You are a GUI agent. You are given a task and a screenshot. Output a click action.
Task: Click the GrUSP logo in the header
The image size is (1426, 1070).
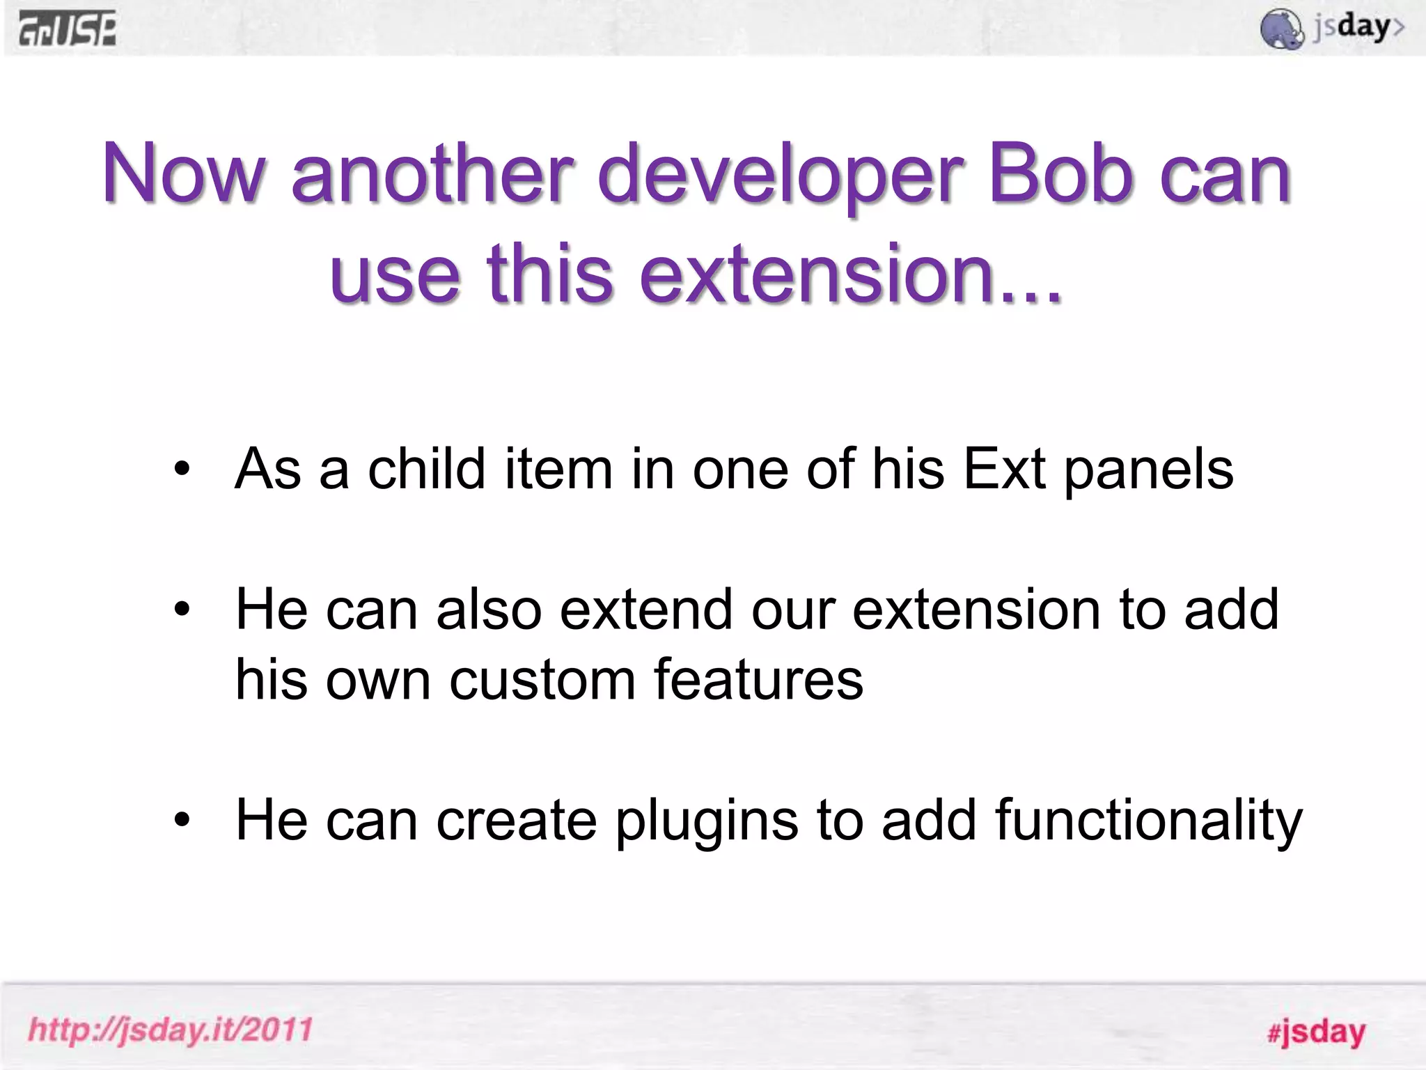tap(68, 30)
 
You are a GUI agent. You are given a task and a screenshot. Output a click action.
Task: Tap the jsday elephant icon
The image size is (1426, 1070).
tap(1282, 29)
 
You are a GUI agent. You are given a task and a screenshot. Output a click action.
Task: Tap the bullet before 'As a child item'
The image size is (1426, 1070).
tap(182, 469)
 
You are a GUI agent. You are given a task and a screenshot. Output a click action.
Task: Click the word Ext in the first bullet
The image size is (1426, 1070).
tap(1004, 469)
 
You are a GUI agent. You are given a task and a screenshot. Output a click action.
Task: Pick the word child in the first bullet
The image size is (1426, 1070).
tap(426, 469)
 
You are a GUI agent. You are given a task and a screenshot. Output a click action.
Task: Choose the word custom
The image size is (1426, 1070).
tap(542, 680)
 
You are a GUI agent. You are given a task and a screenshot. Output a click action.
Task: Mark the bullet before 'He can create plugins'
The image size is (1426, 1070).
tap(182, 820)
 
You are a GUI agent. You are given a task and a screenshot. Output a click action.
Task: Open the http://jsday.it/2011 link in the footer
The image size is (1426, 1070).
tap(171, 1030)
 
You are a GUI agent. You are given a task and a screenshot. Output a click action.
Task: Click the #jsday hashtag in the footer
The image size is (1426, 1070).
tap(1316, 1032)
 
